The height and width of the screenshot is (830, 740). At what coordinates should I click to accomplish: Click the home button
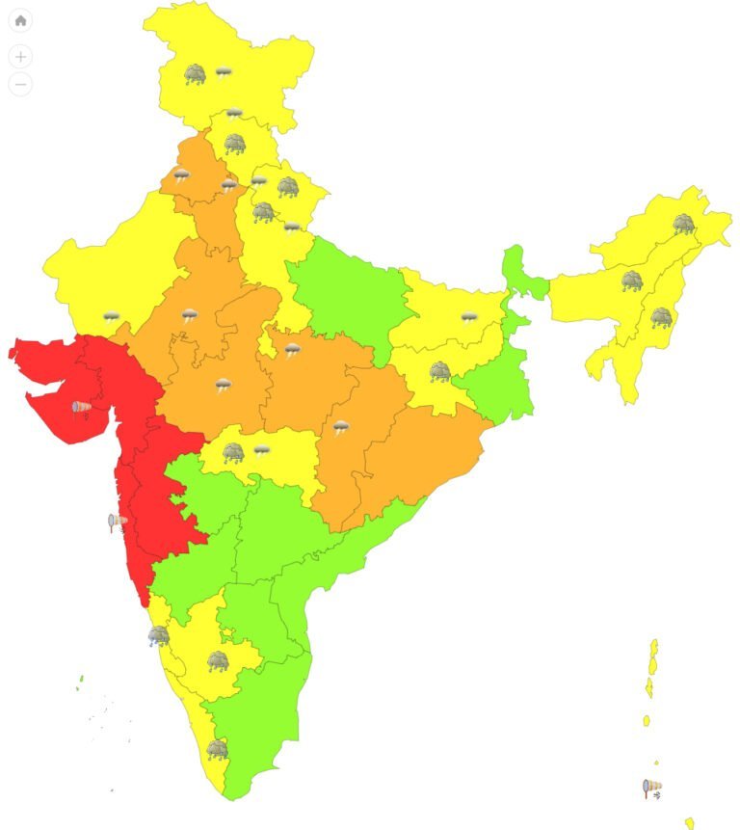pos(20,20)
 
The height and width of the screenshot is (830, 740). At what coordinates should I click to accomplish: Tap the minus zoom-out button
pos(20,84)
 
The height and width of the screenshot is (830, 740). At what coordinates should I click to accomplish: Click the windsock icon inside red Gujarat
pos(82,408)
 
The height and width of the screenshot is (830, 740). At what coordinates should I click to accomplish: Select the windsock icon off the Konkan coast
pos(117,522)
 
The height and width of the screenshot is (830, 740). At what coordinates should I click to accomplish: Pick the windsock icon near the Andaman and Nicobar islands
pos(652,789)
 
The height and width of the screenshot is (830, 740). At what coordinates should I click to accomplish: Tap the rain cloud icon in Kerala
pos(218,749)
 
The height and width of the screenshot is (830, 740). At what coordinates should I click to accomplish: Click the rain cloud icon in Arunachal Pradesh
pos(683,225)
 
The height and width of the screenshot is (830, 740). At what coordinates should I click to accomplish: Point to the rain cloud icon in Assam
pos(631,281)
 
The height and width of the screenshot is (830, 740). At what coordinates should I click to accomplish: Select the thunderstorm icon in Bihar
pos(469,317)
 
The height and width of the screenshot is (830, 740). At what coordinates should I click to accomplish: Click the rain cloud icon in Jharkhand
pos(440,371)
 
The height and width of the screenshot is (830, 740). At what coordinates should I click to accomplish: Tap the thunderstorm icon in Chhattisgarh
pos(341,427)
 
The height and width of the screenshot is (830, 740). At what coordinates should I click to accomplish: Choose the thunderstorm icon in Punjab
pos(181,175)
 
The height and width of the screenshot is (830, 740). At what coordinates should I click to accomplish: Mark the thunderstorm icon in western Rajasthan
pos(112,317)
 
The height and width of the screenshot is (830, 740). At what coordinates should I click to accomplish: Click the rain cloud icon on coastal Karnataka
pos(158,635)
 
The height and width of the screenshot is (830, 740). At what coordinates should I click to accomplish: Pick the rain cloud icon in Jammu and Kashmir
pos(196,73)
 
